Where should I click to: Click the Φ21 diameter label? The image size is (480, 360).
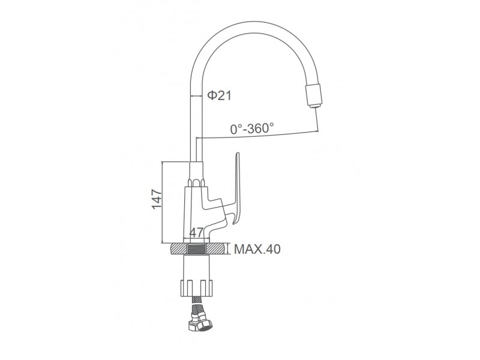coord(220,96)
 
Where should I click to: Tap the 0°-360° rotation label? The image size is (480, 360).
coord(252,128)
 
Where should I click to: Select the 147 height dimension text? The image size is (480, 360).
coord(157,199)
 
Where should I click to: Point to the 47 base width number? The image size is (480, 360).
coord(197,233)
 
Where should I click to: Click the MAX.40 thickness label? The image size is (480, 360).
coord(257,249)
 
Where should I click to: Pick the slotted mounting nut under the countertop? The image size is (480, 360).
coord(196,287)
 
